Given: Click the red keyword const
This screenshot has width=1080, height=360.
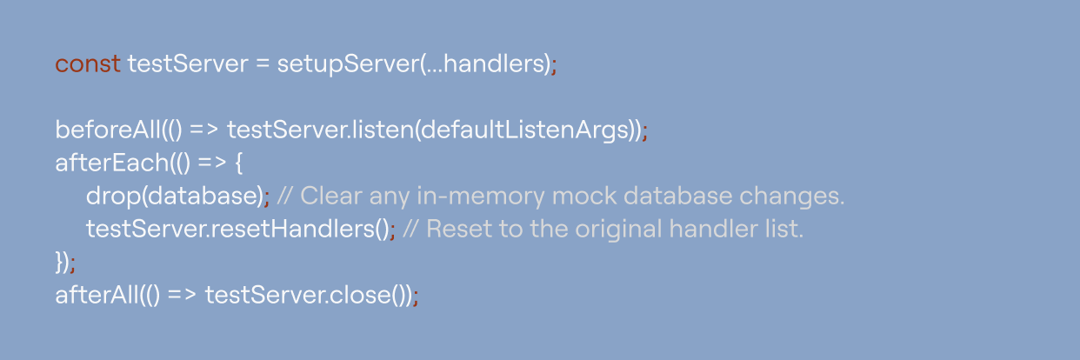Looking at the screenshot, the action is pos(87,64).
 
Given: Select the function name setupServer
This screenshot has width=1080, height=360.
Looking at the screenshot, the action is pos(348,64).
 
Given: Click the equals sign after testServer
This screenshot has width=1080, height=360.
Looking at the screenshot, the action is pos(263,64).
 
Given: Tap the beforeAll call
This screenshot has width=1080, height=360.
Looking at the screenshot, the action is pos(108,130).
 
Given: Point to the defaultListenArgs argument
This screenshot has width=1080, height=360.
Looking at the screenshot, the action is pos(525,130).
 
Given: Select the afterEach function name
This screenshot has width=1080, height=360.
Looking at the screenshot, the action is pos(112,163).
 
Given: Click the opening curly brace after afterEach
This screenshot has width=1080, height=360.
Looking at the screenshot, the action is pos(238,163).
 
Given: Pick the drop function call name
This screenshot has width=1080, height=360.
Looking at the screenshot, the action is pos(113,197).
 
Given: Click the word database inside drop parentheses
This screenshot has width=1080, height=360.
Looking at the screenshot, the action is pos(202,196).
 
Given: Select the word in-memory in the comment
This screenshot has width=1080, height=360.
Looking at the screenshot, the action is pos(481,197).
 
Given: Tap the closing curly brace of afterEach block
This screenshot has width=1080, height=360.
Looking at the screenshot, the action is pos(59,263).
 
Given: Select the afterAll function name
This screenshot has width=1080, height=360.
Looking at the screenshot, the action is pos(97,295).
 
